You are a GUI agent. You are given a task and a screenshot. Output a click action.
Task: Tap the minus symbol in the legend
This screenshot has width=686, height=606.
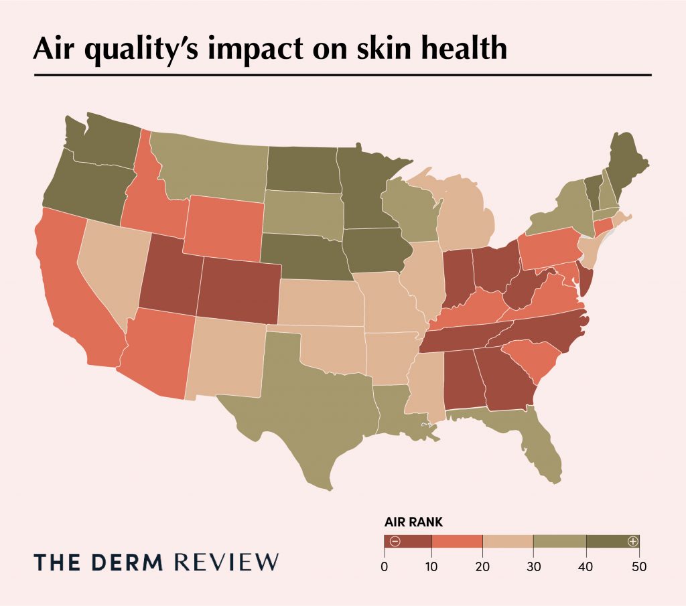click(x=395, y=541)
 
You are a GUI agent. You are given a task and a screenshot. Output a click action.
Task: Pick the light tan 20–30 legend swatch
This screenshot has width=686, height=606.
click(x=507, y=541)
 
